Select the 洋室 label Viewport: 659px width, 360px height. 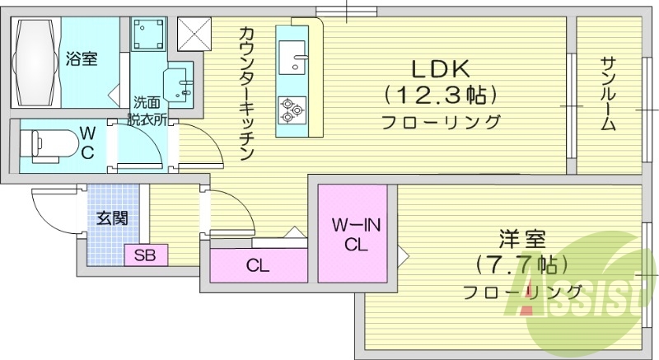(x=521, y=241)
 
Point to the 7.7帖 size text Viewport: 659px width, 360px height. (x=521, y=266)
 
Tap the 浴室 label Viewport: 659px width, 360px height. (x=82, y=58)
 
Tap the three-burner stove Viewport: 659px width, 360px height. (x=291, y=108)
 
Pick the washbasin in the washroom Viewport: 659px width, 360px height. (x=180, y=83)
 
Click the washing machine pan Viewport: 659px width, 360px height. (x=150, y=35)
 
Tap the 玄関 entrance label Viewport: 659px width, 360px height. (x=111, y=218)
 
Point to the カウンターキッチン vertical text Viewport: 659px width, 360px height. (x=246, y=93)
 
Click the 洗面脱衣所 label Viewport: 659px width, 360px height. (x=147, y=110)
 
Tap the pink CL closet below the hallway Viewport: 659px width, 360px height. (x=257, y=266)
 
